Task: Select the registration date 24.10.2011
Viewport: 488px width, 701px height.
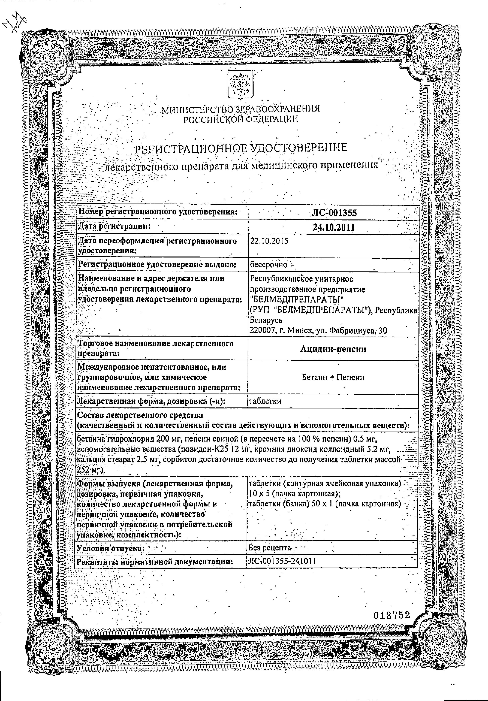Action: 333,227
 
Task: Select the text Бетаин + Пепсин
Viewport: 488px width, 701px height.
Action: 333,378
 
